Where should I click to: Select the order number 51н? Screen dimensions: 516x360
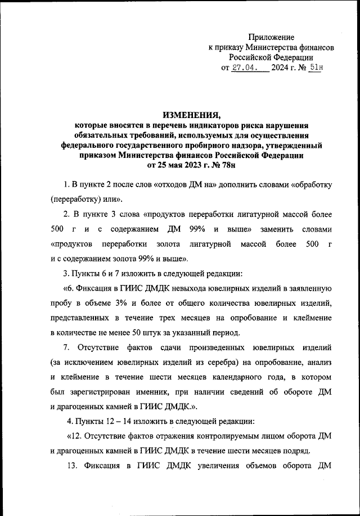coord(316,69)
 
